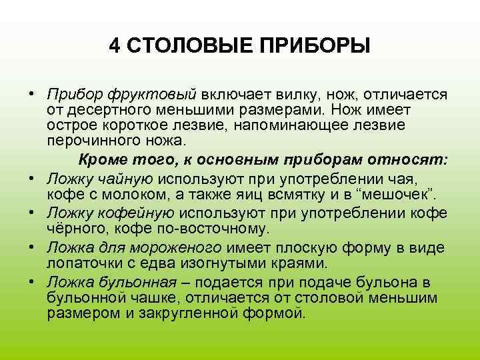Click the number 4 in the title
(x=115, y=46)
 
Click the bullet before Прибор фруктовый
(x=33, y=93)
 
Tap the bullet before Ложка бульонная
(x=33, y=281)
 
